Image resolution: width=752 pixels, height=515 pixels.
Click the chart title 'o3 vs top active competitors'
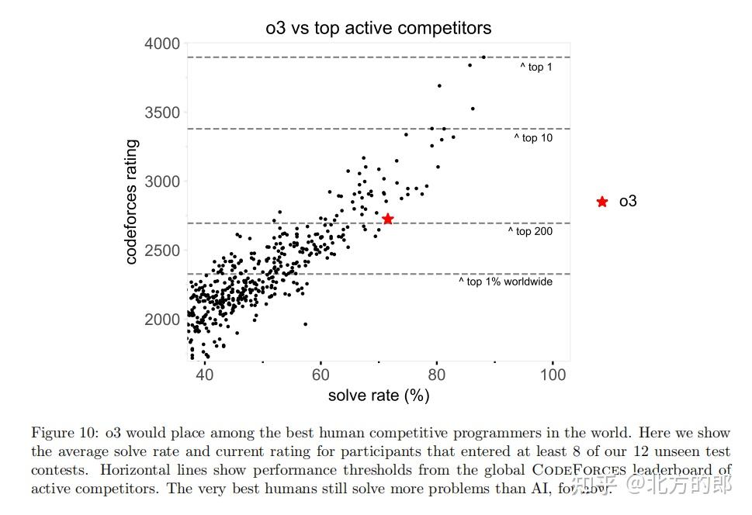378,28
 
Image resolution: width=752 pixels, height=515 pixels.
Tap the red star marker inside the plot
388,219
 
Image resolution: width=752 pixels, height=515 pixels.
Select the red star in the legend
602,202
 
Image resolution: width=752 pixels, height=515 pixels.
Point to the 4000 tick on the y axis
162,43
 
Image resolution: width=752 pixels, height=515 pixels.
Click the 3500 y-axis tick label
162,112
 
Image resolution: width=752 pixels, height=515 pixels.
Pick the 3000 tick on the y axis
162,181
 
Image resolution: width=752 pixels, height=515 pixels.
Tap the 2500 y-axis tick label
162,251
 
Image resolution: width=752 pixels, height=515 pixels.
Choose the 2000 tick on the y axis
162,320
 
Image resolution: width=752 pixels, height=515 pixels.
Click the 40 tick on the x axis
204,375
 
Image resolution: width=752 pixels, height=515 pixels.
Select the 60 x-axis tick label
321,375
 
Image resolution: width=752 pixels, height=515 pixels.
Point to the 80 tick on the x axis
437,375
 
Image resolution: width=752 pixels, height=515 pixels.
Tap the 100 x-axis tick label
553,375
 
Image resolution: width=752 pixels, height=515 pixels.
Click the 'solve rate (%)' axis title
379,396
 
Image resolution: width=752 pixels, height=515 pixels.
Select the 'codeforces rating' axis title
131,202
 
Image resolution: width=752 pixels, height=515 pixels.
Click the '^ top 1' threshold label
536,67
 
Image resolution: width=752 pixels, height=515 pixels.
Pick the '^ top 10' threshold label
533,138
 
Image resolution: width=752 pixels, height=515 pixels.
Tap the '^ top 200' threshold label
530,231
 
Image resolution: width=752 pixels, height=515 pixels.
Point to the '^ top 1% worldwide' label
505,282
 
